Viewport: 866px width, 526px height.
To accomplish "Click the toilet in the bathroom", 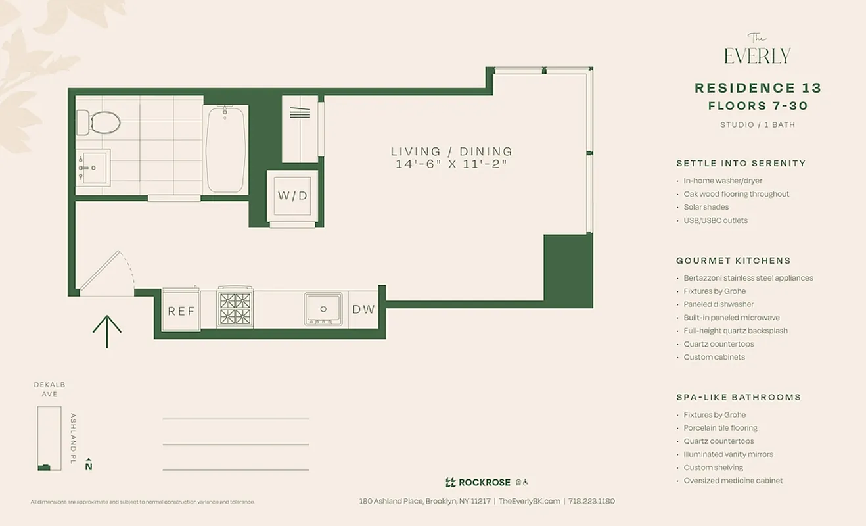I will click(100, 122).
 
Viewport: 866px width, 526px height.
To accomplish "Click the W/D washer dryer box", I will click(292, 196).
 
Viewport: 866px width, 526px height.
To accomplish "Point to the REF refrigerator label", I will click(181, 311).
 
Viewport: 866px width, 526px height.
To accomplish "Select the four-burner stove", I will click(235, 309).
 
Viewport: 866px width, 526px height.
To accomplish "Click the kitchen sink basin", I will click(323, 308).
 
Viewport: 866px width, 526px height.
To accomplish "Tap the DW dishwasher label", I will click(363, 309).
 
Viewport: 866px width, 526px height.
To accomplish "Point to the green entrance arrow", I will click(107, 331).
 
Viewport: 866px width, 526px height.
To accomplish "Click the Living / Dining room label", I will click(451, 152).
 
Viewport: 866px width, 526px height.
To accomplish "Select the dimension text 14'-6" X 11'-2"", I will click(451, 164).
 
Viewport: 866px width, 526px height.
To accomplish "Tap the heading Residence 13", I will click(758, 88).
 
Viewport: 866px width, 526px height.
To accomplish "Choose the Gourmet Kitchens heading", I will click(733, 261).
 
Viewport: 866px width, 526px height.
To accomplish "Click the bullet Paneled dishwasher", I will click(718, 304).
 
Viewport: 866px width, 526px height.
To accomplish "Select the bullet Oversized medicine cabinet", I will click(733, 481).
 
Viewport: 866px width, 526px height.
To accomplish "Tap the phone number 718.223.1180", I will click(591, 501).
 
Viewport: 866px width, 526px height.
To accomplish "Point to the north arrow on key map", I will click(89, 464).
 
